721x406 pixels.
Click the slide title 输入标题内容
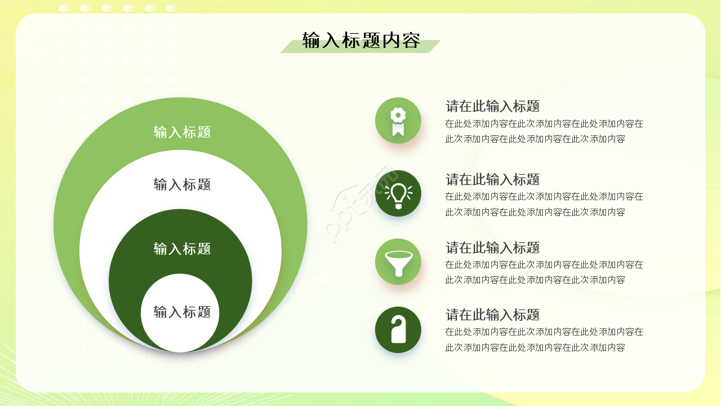[361, 41]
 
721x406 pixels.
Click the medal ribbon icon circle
[398, 121]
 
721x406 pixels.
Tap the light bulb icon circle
[398, 193]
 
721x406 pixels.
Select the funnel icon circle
[398, 262]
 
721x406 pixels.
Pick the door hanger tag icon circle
[398, 330]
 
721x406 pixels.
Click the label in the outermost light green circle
[182, 132]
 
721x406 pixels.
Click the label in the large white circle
[182, 184]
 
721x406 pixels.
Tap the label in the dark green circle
[182, 249]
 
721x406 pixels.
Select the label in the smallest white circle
[182, 312]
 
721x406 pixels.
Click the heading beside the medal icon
[492, 106]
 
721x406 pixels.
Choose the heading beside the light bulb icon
[492, 179]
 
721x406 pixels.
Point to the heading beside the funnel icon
[492, 248]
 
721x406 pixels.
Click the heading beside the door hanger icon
[492, 315]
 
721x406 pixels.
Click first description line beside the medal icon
[544, 123]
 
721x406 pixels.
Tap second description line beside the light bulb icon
[535, 212]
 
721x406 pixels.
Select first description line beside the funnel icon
[544, 264]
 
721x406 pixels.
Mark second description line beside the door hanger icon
[535, 347]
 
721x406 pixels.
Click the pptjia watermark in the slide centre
[360, 203]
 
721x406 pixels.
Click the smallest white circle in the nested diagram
[180, 333]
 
